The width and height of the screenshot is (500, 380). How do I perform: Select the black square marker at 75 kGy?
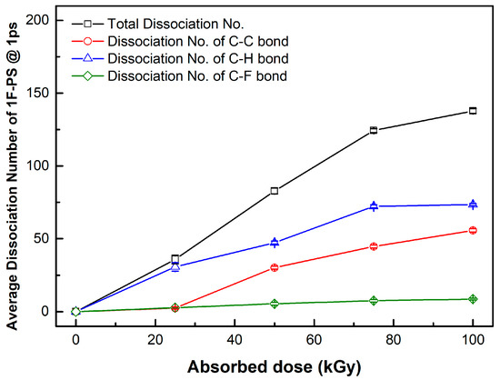[374, 130]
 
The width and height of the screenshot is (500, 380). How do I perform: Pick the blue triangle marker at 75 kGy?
[374, 206]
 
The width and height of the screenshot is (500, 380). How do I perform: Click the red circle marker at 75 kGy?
[374, 246]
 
